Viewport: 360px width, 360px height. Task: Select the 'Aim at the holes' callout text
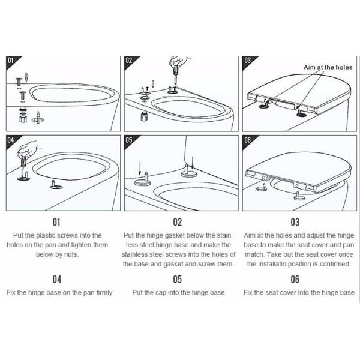(x=328, y=67)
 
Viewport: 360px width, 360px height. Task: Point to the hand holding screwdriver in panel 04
(x=28, y=149)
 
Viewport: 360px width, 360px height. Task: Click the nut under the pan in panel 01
(x=23, y=119)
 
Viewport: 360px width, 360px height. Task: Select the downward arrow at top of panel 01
(x=26, y=77)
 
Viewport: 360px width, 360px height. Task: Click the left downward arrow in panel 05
(x=140, y=169)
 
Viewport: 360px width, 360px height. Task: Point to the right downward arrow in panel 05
(x=193, y=163)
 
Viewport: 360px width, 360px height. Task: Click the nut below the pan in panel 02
(x=144, y=116)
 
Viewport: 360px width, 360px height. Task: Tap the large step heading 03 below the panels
(x=295, y=222)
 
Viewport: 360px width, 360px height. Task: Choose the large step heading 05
(x=177, y=279)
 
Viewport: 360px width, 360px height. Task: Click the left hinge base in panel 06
(x=262, y=188)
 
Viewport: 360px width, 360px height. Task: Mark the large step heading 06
(x=295, y=279)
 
